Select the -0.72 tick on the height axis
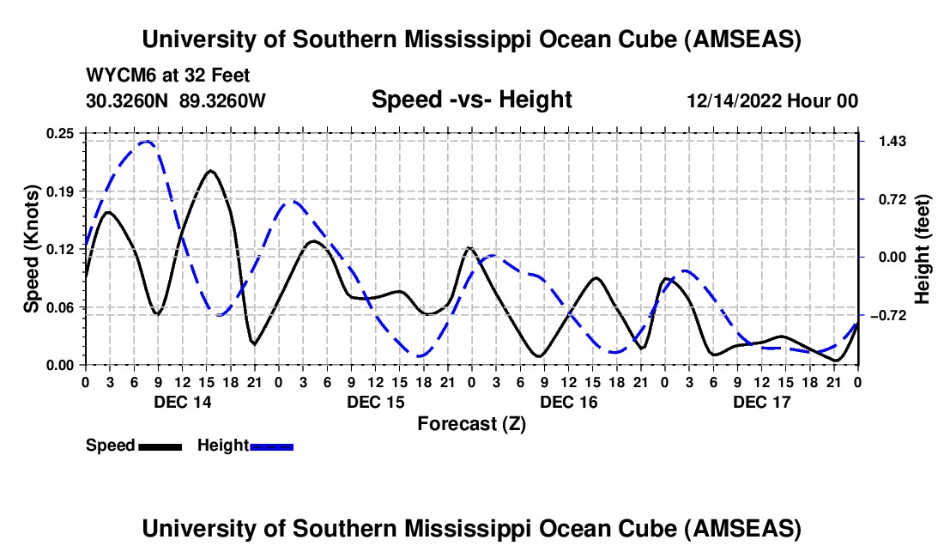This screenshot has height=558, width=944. point(886,315)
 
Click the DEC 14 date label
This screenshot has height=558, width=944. point(182,402)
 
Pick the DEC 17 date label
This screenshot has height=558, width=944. point(761,402)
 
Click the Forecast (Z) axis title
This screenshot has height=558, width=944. point(471,423)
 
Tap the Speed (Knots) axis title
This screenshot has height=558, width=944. point(31,248)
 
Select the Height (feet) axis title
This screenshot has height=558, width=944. point(923,250)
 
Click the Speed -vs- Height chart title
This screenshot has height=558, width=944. point(471,100)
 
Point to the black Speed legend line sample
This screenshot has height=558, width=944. point(160,446)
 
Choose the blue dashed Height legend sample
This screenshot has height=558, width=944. point(272,446)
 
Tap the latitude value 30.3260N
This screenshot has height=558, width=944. point(129,100)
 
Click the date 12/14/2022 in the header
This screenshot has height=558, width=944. point(735,100)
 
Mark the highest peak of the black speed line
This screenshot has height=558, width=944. point(211,170)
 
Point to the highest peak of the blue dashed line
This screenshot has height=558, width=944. point(146,142)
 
